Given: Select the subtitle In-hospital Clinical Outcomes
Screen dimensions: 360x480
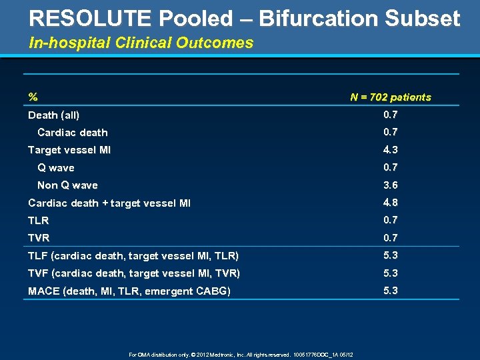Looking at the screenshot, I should (141, 43).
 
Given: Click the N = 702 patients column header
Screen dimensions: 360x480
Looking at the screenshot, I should (391, 97).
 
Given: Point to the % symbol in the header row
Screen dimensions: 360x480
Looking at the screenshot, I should (33, 97).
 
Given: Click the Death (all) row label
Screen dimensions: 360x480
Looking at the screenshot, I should (54, 115).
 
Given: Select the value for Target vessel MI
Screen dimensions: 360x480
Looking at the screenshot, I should (391, 150).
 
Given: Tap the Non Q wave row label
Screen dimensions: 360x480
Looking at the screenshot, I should (67, 185).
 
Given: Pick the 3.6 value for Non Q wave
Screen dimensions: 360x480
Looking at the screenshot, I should (391, 185).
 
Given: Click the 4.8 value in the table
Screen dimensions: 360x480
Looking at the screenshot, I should (391, 203).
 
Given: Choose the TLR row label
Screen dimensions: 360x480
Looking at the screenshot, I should (39, 221).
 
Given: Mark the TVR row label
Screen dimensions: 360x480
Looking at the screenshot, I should (39, 238).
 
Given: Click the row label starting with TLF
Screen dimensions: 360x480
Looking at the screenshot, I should (133, 256).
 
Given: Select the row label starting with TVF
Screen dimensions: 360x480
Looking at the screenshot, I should (134, 273).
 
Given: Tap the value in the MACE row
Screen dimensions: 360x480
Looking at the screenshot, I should (391, 291).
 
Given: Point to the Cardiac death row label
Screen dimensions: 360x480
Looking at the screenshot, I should (73, 133).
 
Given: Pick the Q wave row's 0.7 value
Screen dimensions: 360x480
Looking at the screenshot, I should (391, 167).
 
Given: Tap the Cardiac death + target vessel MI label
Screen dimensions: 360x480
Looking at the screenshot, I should (109, 203).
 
